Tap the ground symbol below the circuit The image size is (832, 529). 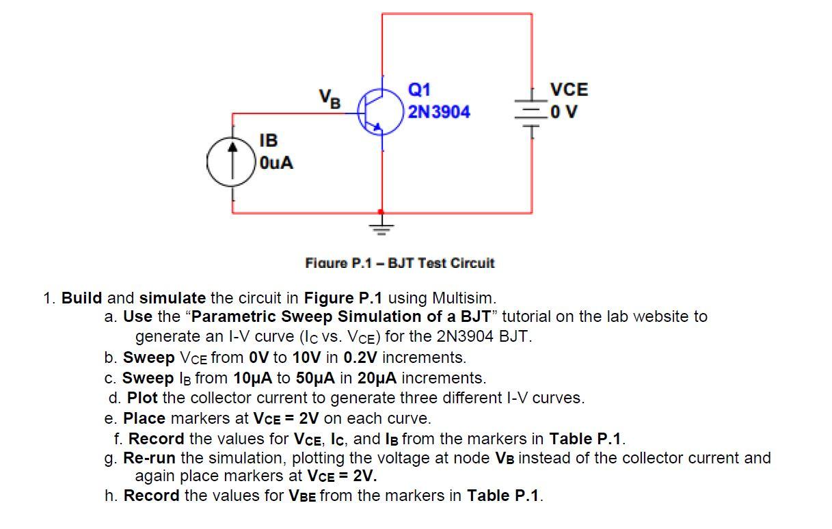(381, 228)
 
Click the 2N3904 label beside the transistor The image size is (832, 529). (439, 111)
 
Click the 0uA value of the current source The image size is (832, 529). (276, 163)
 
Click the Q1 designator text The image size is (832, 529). (420, 90)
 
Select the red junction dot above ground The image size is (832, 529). (381, 212)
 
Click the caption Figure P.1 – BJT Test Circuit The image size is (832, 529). (399, 263)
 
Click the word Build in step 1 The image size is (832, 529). (81, 298)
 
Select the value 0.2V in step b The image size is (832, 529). (360, 357)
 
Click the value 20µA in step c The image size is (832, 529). (378, 378)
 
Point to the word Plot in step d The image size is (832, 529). (142, 398)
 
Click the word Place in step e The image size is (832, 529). (144, 418)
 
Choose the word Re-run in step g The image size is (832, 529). (149, 458)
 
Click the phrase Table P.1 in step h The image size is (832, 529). (503, 496)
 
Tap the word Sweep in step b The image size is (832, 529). (148, 357)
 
